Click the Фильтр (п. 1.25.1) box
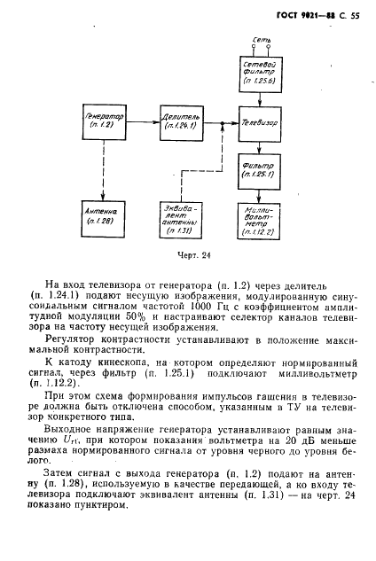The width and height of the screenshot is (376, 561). (260, 168)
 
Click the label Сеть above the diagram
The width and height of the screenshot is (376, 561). (261, 41)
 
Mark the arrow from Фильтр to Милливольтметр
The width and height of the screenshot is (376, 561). (260, 192)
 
